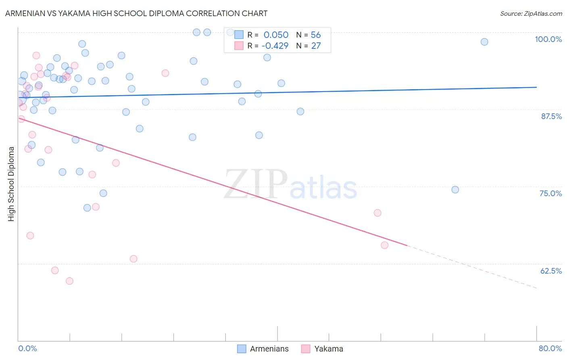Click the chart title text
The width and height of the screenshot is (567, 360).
tap(136, 13)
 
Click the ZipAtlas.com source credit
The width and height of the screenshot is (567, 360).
tap(531, 13)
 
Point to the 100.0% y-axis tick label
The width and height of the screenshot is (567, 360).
tap(548, 39)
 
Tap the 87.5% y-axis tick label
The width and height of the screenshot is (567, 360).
tap(551, 116)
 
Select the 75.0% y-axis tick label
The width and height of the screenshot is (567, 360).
tap(550, 193)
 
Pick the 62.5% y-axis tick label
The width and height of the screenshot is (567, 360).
tap(551, 271)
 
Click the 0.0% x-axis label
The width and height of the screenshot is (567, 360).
tap(27, 348)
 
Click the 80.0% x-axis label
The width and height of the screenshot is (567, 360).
tap(550, 348)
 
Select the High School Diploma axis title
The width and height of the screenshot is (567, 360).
tap(11, 184)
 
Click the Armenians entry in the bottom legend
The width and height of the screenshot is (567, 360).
tap(269, 349)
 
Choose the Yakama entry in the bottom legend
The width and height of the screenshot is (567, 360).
tap(328, 349)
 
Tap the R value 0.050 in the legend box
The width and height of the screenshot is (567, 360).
tap(276, 35)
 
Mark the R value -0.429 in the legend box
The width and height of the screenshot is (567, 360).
tap(275, 46)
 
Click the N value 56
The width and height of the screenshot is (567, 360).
tap(316, 35)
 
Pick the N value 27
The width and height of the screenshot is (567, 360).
tap(316, 46)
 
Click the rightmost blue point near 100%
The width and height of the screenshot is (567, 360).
tap(484, 42)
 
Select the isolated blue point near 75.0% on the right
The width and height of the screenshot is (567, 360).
tap(455, 190)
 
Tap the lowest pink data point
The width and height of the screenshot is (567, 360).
tap(69, 281)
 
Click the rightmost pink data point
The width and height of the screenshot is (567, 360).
tap(384, 245)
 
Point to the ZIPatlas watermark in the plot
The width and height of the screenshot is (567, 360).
tap(290, 185)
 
